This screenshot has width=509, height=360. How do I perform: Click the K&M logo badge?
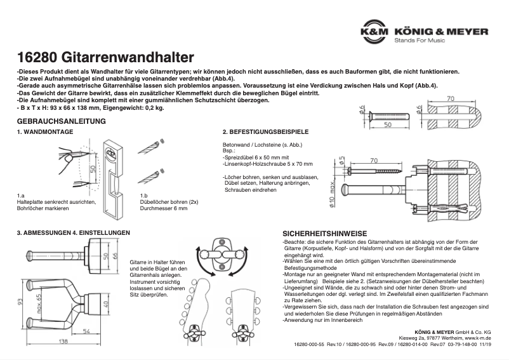(374, 31)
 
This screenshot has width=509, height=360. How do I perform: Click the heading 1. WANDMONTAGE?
(45, 132)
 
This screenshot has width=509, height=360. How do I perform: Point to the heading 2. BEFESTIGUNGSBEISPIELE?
(265, 132)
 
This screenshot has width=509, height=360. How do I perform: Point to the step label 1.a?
(21, 196)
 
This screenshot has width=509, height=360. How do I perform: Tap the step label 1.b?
(143, 196)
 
